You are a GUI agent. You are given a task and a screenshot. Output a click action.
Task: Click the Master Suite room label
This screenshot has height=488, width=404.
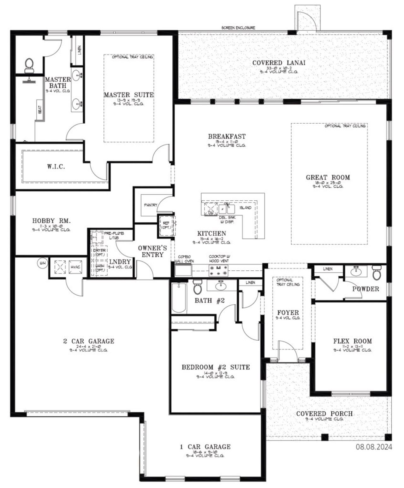click(129, 95)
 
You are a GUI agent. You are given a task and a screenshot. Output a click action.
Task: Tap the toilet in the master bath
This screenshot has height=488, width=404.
click(29, 64)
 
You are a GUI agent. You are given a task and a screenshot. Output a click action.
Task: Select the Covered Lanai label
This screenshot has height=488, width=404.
click(279, 63)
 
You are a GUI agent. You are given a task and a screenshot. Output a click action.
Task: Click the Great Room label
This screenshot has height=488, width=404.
click(328, 177)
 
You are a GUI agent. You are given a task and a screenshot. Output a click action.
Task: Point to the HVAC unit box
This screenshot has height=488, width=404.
click(75, 267)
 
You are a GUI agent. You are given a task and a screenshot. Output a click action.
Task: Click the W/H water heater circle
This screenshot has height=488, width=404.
click(42, 262)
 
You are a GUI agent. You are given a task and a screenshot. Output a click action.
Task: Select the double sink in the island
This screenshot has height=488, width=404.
click(227, 209)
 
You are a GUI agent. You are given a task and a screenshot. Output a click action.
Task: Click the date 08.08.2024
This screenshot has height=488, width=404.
click(374, 447)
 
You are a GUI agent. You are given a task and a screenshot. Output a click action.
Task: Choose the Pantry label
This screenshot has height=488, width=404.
click(151, 205)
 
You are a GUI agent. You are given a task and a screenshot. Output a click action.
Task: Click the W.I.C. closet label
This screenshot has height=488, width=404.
click(56, 167)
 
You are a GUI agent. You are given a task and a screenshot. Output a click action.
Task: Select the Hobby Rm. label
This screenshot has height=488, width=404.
click(51, 221)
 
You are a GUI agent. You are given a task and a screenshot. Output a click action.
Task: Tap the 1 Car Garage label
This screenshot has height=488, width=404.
click(205, 447)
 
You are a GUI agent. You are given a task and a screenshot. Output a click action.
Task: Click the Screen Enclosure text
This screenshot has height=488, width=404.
click(238, 28)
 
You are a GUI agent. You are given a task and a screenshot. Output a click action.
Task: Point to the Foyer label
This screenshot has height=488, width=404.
click(288, 313)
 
